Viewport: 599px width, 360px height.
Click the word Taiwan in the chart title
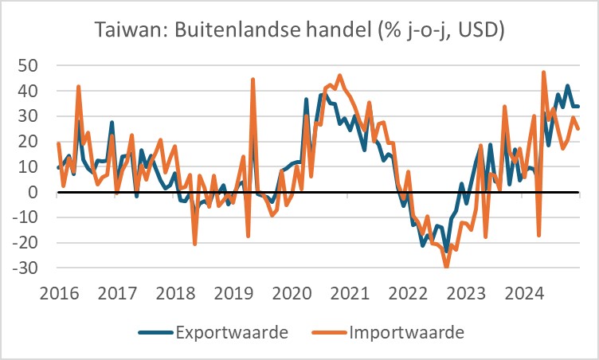coord(123,31)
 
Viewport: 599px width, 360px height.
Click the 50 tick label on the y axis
coord(32,65)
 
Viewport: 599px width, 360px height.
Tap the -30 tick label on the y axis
coord(29,268)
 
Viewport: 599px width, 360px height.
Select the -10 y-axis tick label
coord(29,217)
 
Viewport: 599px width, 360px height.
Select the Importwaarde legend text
coord(406,330)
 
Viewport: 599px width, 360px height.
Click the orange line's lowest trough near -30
coord(446,267)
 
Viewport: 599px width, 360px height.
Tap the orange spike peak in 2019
coord(253,80)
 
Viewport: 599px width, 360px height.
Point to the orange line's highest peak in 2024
coord(543,72)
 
